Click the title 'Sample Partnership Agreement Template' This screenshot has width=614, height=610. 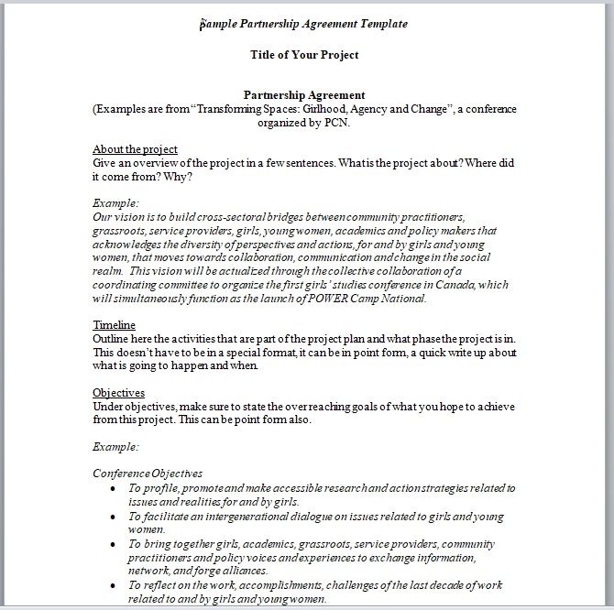pyautogui.click(x=304, y=23)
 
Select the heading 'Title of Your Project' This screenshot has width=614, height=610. pyautogui.click(x=304, y=55)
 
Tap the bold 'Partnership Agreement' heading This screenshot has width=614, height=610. pyautogui.click(x=304, y=94)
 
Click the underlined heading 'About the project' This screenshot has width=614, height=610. pyautogui.click(x=135, y=149)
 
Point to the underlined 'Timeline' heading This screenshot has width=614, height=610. pyautogui.click(x=114, y=325)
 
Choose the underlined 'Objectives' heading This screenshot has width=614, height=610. pyautogui.click(x=119, y=393)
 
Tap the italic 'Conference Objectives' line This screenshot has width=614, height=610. pyautogui.click(x=148, y=474)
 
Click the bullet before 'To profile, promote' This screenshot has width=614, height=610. pyautogui.click(x=111, y=488)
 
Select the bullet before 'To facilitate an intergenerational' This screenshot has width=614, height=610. pyautogui.click(x=111, y=516)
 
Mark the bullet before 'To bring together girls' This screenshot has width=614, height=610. pyautogui.click(x=111, y=543)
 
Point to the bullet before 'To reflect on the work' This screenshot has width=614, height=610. pyautogui.click(x=111, y=584)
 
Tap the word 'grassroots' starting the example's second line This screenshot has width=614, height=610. pyautogui.click(x=120, y=231)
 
